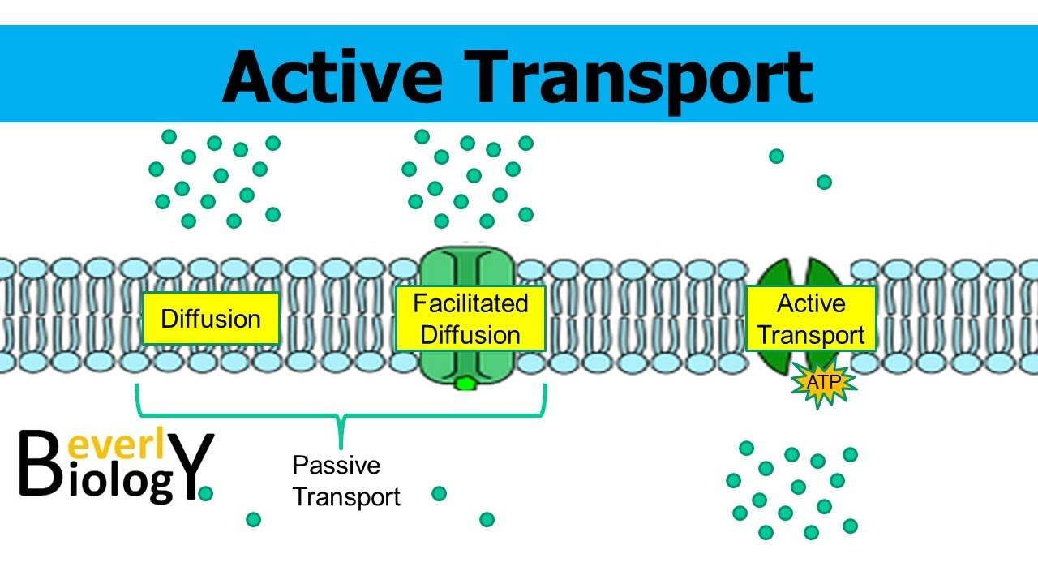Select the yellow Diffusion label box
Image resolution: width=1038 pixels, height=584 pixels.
[x=211, y=319]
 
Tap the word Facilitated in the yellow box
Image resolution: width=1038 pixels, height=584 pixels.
[x=470, y=303]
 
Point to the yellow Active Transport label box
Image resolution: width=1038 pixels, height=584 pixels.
[x=811, y=319]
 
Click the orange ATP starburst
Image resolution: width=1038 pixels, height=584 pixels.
[x=824, y=382]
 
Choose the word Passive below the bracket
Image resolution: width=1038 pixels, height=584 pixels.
[x=336, y=466]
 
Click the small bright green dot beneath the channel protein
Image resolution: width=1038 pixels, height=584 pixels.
[x=466, y=383]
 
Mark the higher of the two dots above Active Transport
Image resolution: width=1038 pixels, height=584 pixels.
[x=776, y=156]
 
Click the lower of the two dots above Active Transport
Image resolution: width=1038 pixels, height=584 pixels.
[x=824, y=182]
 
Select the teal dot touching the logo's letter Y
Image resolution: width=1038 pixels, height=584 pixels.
[x=205, y=493]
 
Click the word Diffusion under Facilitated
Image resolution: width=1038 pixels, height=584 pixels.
[x=470, y=335]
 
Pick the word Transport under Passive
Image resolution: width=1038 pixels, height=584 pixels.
[x=346, y=496]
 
